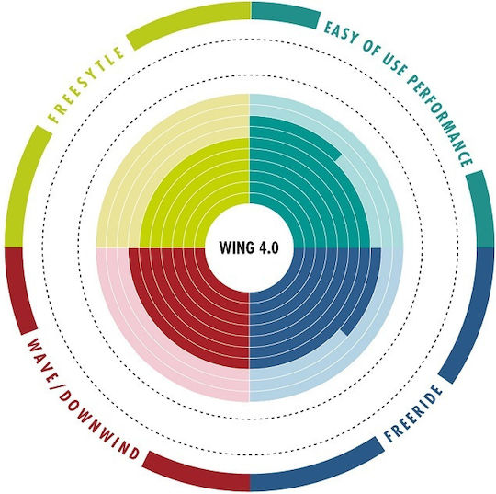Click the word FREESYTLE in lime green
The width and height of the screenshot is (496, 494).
pos(85,85)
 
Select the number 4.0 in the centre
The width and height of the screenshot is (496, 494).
pos(269,247)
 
